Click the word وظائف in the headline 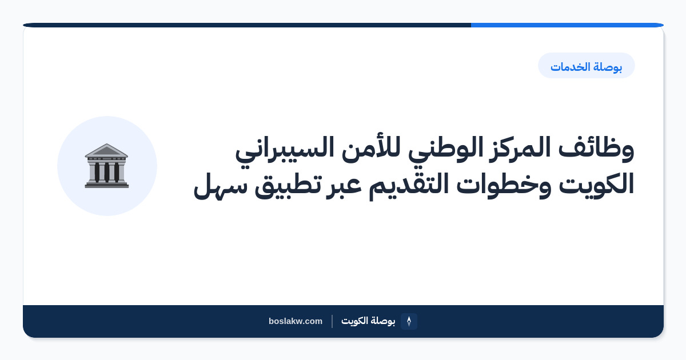[x=596, y=149]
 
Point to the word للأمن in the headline [x=371, y=148]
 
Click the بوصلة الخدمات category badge [x=586, y=66]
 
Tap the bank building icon [x=106, y=166]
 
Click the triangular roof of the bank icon [x=106, y=150]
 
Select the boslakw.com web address [x=296, y=321]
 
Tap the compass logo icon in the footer [x=409, y=321]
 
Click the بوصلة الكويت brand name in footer [x=368, y=321]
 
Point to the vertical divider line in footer [x=332, y=321]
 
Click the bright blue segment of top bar [x=567, y=25]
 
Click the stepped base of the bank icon [x=106, y=185]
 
